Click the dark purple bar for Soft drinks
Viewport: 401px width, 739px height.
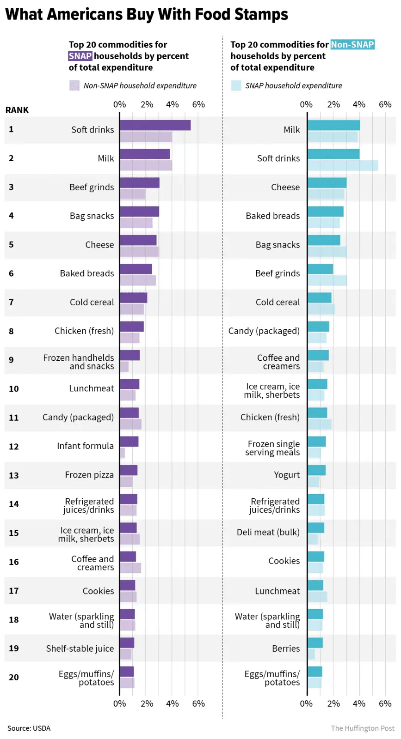[155, 125]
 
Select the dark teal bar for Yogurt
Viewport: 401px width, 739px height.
[317, 470]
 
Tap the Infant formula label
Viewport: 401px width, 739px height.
[85, 446]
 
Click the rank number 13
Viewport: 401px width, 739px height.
[14, 475]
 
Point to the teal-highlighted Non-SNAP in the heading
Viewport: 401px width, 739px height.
[352, 44]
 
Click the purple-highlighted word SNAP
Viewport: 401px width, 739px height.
[80, 56]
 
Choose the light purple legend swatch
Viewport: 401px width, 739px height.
[74, 85]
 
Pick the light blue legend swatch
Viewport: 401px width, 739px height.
[236, 85]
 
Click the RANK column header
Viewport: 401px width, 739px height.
[17, 110]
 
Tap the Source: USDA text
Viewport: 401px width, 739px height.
[29, 728]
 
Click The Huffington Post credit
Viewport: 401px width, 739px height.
[363, 728]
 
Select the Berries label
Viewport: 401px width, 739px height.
[286, 648]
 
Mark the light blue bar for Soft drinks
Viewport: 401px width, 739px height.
[343, 165]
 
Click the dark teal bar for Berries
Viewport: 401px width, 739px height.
[315, 642]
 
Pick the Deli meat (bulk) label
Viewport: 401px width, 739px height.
[268, 532]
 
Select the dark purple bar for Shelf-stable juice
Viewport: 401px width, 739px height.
[127, 642]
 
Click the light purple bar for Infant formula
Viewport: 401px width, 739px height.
[123, 453]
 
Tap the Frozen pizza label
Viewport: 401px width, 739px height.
[89, 475]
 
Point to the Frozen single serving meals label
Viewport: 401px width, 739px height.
[272, 448]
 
